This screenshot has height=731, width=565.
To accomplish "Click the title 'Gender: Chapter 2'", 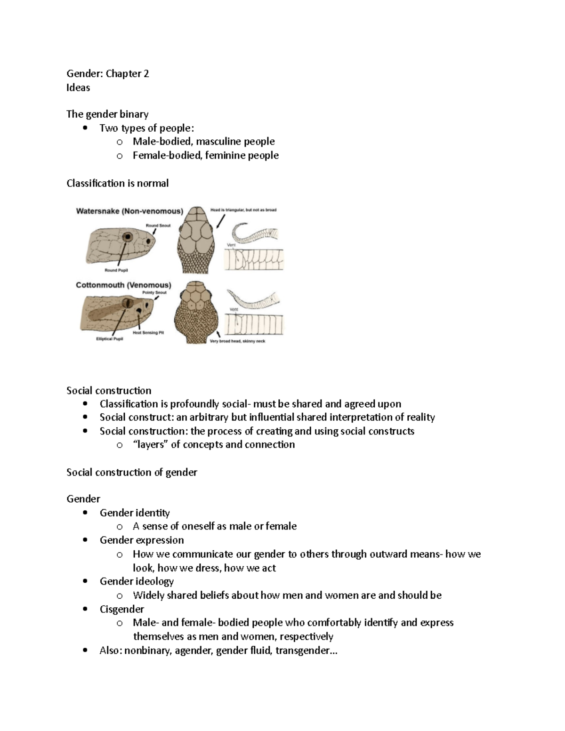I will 108,73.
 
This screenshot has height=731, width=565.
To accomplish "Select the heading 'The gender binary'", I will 107,114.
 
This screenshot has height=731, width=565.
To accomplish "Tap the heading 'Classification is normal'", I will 117,183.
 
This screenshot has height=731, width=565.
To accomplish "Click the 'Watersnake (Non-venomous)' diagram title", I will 129,211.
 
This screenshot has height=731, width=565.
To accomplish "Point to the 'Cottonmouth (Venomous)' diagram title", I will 123,285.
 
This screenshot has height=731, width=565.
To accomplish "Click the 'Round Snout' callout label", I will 158,225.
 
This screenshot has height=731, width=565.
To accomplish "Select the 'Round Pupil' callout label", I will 116,270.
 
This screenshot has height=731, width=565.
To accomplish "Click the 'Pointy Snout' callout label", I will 154,292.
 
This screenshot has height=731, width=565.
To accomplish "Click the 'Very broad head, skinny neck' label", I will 237,341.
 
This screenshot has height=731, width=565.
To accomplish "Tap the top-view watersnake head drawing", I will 195,240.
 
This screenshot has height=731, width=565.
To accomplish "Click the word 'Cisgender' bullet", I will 121,609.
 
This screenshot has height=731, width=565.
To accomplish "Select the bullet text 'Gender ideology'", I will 137,581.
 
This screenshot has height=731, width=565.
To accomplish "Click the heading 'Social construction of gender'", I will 131,472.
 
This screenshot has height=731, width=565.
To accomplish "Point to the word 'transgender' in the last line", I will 303,651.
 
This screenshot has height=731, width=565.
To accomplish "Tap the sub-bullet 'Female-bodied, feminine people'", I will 205,155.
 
